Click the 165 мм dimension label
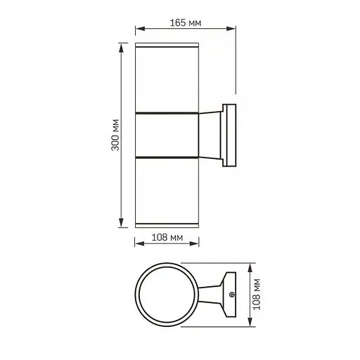[x=186, y=22]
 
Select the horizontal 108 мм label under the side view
[x=168, y=238]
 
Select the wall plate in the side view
[x=229, y=136]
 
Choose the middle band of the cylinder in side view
[x=167, y=134]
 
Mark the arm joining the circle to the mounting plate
[x=210, y=295]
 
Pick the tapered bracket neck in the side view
[x=210, y=134]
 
